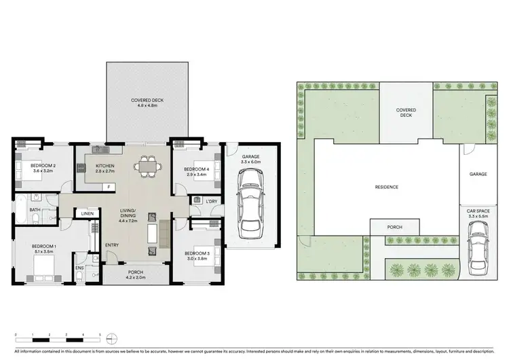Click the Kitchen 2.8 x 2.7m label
(105, 169)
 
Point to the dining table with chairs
(148, 166)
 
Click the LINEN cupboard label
(87, 214)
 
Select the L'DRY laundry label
(210, 201)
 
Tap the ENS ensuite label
(79, 268)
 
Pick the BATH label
(34, 210)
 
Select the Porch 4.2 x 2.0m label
(135, 274)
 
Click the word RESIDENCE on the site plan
(387, 187)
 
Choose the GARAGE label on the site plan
(478, 175)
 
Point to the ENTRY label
(113, 246)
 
